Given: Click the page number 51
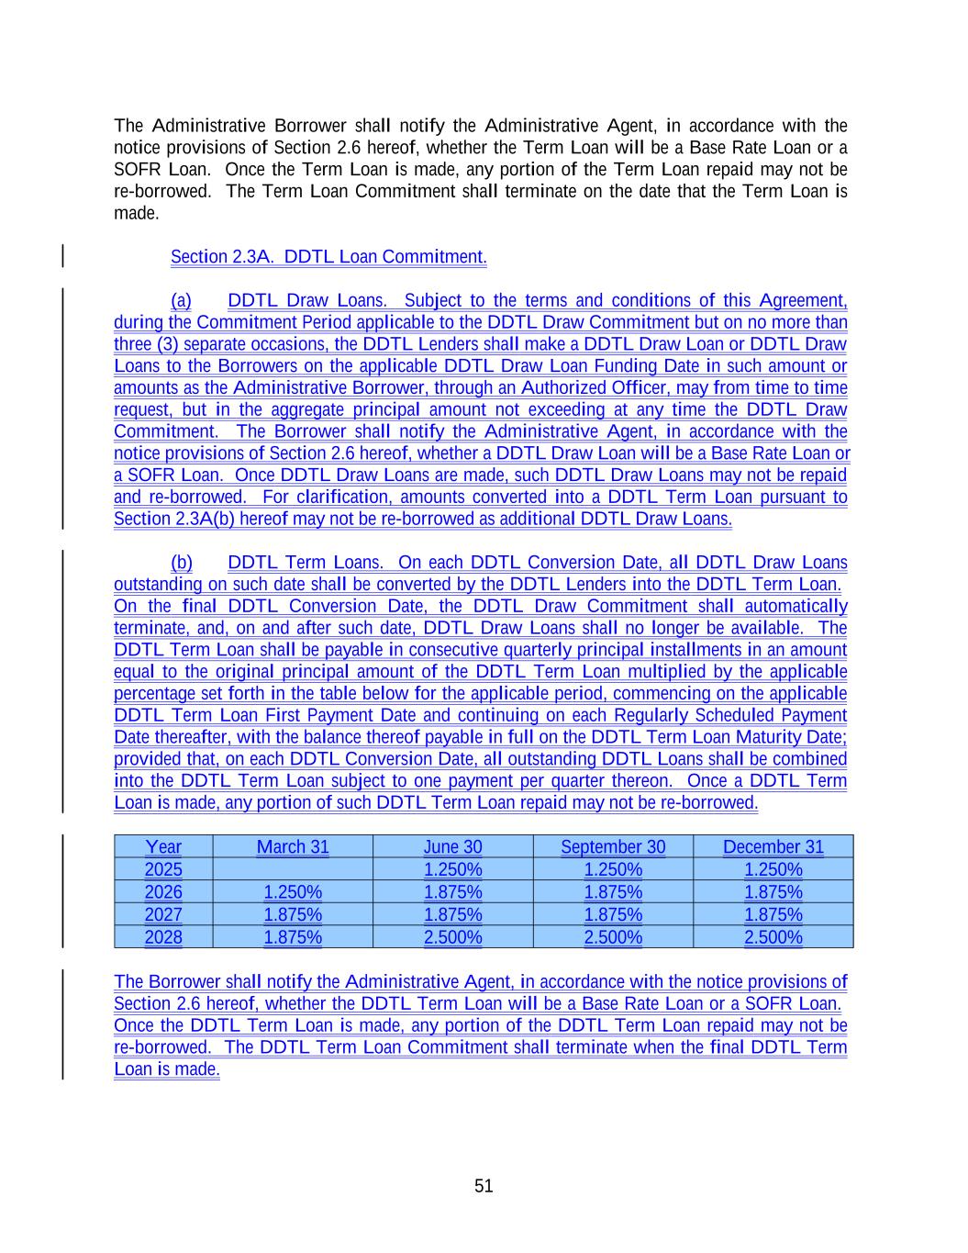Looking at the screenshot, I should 484,1186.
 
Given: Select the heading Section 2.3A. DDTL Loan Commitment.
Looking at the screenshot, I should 328,257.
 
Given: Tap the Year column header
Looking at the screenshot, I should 163,847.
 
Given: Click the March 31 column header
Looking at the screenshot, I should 293,847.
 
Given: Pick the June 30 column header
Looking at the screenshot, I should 452,847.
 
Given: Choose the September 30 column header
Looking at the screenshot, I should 613,847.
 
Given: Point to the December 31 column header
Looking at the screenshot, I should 773,847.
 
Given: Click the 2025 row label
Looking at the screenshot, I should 163,869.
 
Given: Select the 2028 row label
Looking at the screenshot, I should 163,937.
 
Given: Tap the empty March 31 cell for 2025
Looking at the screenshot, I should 293,869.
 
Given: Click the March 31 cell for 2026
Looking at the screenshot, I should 293,892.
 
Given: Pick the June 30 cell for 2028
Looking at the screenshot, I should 452,937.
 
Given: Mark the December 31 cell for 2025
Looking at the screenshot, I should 773,869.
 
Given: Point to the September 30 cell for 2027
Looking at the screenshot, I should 613,914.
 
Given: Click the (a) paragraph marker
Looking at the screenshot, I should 181,301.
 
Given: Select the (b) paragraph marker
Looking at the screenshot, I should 182,563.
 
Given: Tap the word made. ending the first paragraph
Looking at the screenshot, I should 136,213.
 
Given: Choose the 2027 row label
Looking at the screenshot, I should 163,914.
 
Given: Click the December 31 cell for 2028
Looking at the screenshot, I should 773,937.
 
